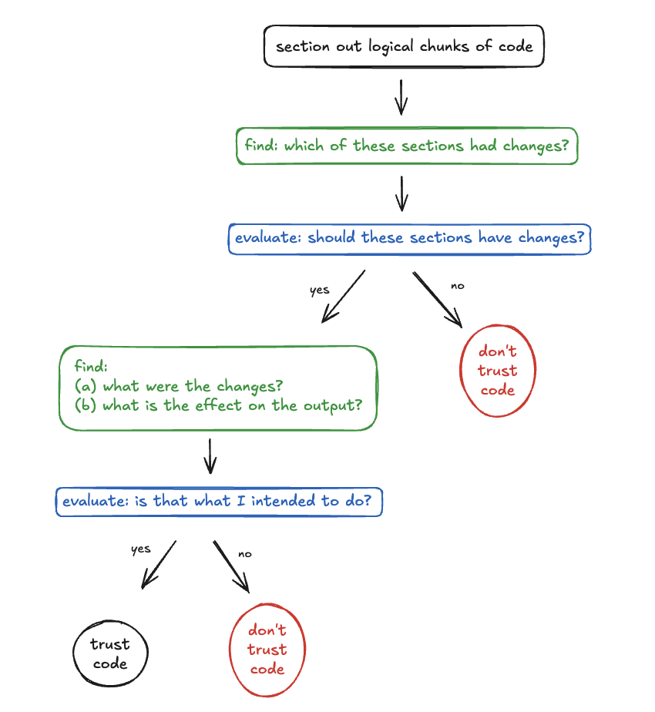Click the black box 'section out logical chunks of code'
point(404,46)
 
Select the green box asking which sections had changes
point(406,146)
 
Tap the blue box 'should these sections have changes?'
point(409,238)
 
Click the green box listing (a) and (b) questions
point(218,387)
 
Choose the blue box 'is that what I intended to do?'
point(219,501)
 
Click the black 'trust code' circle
point(110,654)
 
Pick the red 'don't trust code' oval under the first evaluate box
point(497,371)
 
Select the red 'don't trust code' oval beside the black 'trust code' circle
point(267,650)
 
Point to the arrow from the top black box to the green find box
point(401,96)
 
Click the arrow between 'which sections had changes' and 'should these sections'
point(401,192)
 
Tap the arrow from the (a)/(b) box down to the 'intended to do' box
point(210,456)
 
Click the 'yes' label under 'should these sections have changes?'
point(319,291)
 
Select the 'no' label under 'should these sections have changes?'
point(458,286)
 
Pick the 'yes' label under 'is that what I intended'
point(140,549)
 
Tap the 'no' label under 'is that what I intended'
point(245,553)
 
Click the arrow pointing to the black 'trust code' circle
point(159,566)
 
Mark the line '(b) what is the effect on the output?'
point(218,405)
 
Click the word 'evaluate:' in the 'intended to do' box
point(96,501)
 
